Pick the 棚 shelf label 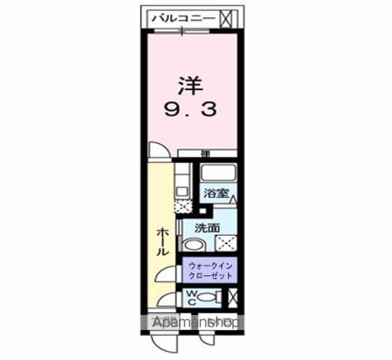205,154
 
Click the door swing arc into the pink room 157,150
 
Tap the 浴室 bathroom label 217,193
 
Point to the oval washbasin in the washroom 194,245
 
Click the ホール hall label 162,241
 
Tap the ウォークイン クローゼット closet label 211,271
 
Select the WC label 192,298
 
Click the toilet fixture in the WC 211,298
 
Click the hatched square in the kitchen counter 181,202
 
